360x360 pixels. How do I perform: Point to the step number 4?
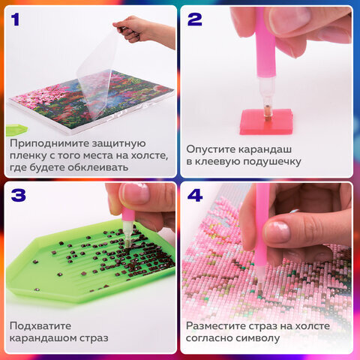[195, 196]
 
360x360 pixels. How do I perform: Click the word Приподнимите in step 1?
[52, 142]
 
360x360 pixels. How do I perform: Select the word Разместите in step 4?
[218, 325]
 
